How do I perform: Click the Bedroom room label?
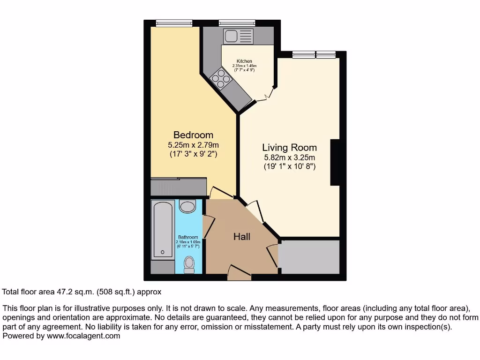point(193,135)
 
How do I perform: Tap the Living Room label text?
point(289,147)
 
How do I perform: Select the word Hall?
point(242,237)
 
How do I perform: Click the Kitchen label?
point(244,61)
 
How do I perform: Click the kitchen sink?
point(238,36)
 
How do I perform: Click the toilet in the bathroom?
point(189,263)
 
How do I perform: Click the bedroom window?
point(174,22)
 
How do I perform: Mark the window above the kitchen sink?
point(237,22)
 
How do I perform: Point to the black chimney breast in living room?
point(335,162)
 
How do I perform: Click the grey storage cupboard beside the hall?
point(309,257)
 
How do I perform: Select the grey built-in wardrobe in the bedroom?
point(179,187)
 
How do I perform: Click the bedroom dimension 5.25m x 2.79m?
point(193,145)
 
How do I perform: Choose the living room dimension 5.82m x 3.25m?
point(289,157)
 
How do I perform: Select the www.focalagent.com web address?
point(82,336)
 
